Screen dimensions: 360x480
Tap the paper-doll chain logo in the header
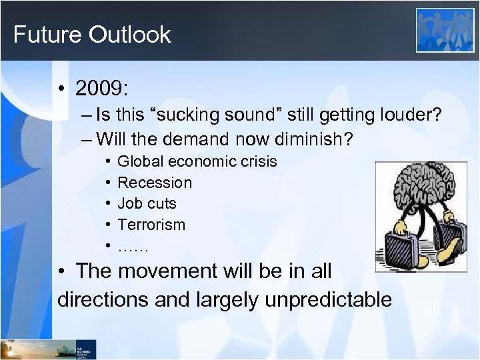445,30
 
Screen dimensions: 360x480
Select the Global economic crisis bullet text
197,161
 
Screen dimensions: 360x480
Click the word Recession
154,183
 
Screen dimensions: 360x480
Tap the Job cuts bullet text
147,203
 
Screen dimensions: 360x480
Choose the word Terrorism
151,225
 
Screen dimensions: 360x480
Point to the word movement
177,271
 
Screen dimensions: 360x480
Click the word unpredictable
328,299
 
